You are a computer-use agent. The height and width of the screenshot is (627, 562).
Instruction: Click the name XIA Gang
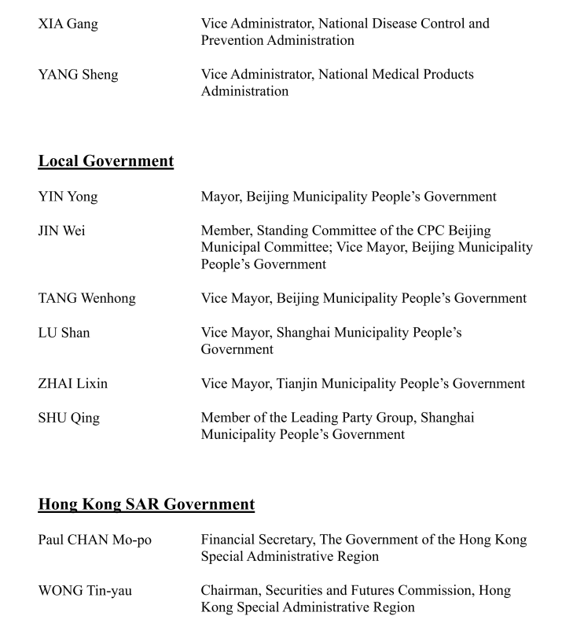pos(68,24)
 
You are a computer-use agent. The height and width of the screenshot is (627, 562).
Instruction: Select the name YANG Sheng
pos(78,76)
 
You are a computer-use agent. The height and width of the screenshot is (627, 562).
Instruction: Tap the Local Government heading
pos(106,161)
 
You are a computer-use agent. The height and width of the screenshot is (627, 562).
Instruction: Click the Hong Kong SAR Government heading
pos(146,504)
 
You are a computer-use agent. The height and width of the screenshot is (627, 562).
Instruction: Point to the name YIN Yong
pos(68,197)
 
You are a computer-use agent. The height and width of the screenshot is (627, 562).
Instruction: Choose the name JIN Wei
pos(62,231)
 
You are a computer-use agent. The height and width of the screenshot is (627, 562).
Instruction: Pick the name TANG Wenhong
pos(86,299)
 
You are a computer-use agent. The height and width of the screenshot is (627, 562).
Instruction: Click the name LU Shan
pos(64,333)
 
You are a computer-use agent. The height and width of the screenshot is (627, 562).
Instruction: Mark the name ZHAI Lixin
pos(72,384)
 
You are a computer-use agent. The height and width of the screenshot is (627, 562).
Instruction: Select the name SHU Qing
pos(68,419)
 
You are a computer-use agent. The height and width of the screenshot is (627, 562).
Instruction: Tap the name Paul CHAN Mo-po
pos(94,540)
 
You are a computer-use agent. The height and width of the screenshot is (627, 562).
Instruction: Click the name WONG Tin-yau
pos(85,591)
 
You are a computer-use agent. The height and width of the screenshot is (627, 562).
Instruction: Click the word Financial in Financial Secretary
pos(230,540)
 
